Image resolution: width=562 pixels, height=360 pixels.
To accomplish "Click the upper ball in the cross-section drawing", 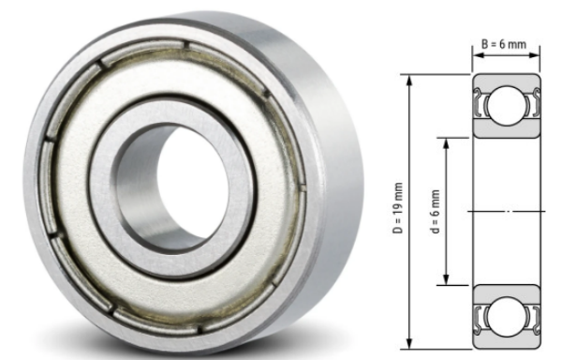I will [x=507, y=103].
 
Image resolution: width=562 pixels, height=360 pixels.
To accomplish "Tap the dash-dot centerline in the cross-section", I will [x=507, y=212].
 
